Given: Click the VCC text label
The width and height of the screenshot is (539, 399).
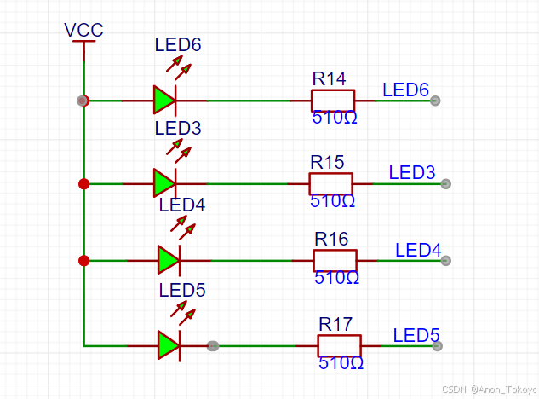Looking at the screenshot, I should click(x=83, y=31).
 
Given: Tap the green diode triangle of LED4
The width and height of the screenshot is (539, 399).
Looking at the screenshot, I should click(x=168, y=259).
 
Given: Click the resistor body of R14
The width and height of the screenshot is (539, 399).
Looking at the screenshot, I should click(x=333, y=100).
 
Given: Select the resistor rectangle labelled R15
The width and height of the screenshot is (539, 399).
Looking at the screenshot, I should click(x=330, y=183).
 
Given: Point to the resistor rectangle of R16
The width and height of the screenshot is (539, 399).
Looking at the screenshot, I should click(x=335, y=260).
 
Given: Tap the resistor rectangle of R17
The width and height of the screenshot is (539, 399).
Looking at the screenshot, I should click(x=339, y=345).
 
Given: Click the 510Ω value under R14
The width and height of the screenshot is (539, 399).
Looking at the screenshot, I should click(x=334, y=119).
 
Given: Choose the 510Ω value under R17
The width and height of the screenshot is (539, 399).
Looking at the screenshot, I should click(x=341, y=363).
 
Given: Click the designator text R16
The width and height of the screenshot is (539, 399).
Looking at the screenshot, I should click(x=332, y=239).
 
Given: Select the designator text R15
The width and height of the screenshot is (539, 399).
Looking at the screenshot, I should click(x=327, y=162).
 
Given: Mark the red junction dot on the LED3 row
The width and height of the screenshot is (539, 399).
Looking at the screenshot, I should click(x=83, y=183).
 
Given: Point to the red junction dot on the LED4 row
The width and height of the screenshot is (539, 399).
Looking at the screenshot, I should click(x=83, y=261).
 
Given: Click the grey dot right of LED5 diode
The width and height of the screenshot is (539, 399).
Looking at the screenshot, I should click(x=213, y=345).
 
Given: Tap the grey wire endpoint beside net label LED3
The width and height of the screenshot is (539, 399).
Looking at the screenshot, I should click(x=445, y=183).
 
